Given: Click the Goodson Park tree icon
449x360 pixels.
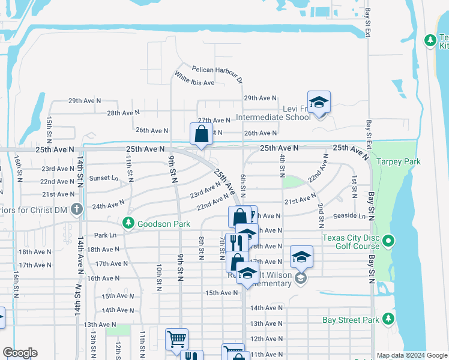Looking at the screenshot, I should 128,223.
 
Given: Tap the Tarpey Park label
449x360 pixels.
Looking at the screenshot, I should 399,161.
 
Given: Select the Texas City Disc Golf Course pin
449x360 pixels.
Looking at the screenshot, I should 388,242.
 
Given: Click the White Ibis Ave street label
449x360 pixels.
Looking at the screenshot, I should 194,79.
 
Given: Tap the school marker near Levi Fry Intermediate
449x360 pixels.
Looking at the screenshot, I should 319,103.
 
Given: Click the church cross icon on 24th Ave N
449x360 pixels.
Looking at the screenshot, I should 76,209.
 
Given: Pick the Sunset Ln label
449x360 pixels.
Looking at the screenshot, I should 104,178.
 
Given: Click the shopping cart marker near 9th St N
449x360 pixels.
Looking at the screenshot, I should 176,339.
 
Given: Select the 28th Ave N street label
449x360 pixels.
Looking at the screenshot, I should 122,113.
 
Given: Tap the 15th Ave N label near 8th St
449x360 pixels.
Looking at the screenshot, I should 222,293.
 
